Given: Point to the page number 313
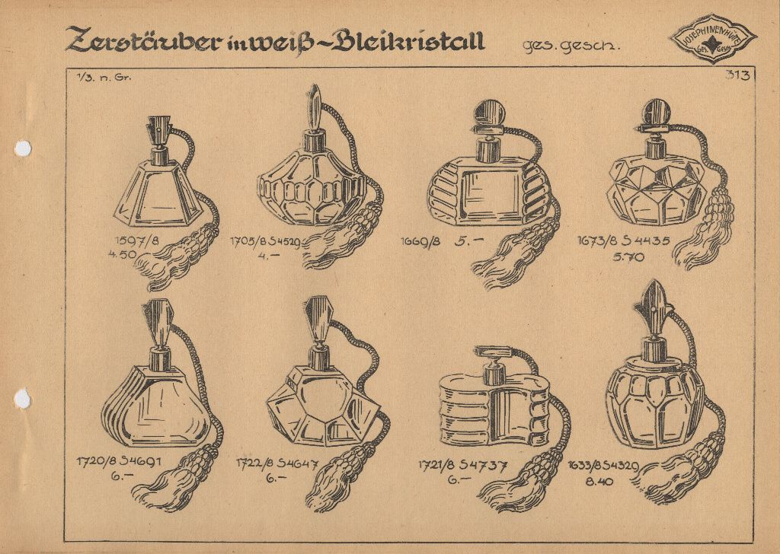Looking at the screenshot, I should (737, 75).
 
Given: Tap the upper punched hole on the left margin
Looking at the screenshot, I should (23, 148).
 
